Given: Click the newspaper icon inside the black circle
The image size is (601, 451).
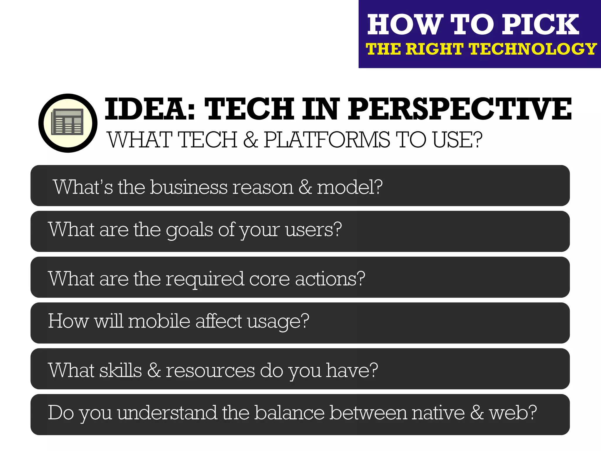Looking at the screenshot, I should tap(67, 122).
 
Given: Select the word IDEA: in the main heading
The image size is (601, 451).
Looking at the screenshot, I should tap(150, 109).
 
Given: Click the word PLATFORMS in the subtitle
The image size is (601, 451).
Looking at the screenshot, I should tap(327, 140).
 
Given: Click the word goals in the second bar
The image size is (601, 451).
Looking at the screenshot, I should tap(189, 230).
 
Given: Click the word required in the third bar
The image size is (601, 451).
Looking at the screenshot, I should tap(205, 279).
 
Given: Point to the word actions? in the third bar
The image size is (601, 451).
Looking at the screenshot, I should tap(330, 279).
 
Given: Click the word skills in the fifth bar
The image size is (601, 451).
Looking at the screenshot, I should tap(121, 370).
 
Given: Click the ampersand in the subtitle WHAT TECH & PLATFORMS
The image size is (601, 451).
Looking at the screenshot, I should tap(250, 140).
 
